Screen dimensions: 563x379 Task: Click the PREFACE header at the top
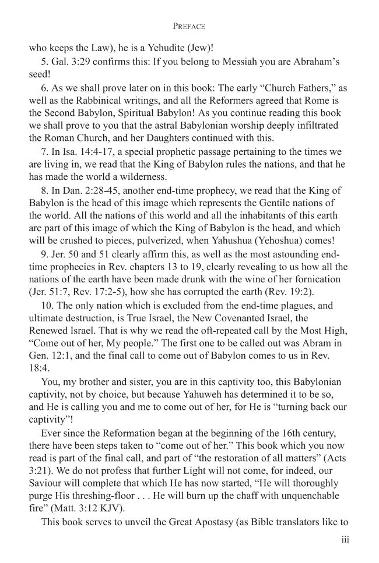click(189, 27)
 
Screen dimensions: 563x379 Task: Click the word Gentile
click(257, 204)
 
